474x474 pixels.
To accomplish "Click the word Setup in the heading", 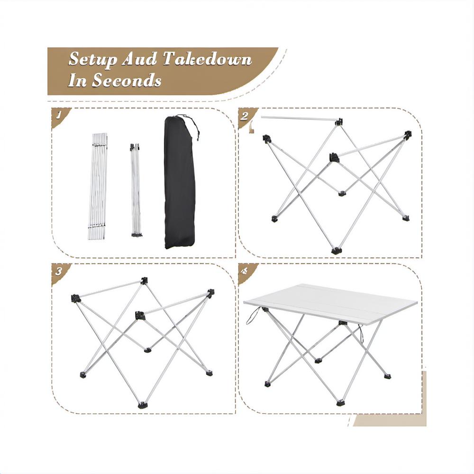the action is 92,59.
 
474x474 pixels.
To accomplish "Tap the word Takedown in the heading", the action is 207,59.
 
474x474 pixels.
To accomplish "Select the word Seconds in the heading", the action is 127,81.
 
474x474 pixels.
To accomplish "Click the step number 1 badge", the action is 59,116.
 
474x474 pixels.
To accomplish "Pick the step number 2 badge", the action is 246,116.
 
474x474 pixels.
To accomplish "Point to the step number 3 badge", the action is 59,272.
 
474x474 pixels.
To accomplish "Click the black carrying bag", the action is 179,182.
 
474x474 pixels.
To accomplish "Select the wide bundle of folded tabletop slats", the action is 98,186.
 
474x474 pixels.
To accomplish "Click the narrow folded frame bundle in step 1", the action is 136,190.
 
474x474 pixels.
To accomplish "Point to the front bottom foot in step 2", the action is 336,251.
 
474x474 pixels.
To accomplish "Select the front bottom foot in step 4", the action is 340,402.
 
